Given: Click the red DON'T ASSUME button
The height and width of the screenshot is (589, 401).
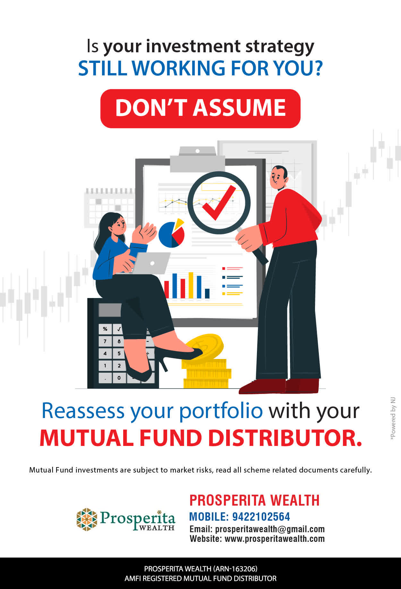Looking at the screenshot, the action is click(x=200, y=108).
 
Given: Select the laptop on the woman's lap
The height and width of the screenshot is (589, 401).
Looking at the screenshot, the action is click(x=151, y=263).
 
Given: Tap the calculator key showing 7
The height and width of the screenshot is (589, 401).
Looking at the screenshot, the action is click(x=105, y=341).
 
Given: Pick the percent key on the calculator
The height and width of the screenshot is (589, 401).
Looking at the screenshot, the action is click(x=105, y=329).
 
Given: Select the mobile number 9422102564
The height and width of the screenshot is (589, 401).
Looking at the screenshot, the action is click(x=261, y=517).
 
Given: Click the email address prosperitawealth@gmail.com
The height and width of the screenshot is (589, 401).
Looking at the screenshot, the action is click(x=270, y=529).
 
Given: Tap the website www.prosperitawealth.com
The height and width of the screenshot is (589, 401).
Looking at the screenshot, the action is click(x=275, y=539).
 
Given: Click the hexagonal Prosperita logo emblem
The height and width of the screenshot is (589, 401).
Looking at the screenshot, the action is click(x=87, y=519).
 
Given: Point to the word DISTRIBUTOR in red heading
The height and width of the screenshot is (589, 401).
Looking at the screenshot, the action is click(x=285, y=438).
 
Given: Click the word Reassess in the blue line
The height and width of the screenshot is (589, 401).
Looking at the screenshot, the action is click(x=83, y=411).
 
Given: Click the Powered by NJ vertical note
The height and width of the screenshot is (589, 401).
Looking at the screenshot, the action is click(x=393, y=419).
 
